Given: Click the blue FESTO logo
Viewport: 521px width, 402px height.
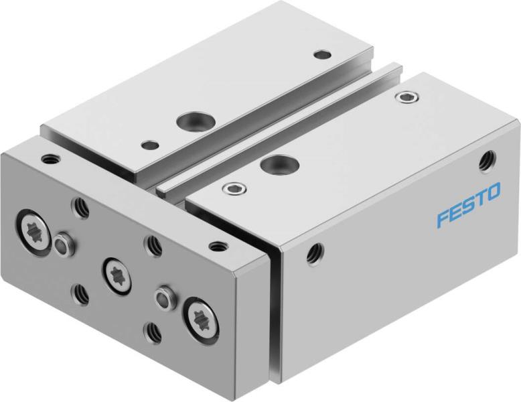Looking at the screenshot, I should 468,208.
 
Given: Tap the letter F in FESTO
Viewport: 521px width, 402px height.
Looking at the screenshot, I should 443,219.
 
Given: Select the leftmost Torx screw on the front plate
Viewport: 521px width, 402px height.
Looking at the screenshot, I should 33,230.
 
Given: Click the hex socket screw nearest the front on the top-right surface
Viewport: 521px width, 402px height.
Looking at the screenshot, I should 233,188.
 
